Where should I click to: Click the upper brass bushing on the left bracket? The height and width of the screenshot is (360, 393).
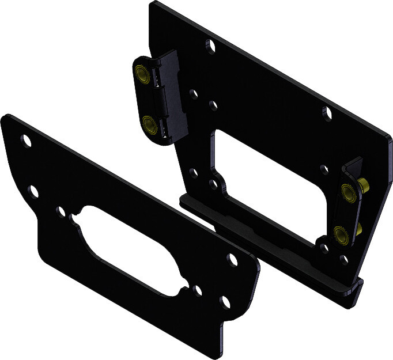click(141, 73)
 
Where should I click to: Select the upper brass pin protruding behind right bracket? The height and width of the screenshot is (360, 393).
click(365, 185)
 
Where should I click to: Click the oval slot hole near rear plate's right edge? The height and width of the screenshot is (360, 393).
click(327, 113)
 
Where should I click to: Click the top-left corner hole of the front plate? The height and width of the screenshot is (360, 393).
click(26, 139)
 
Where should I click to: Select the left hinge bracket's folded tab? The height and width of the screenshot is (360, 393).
click(173, 95)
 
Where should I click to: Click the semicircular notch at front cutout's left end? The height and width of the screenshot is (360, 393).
click(73, 219)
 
